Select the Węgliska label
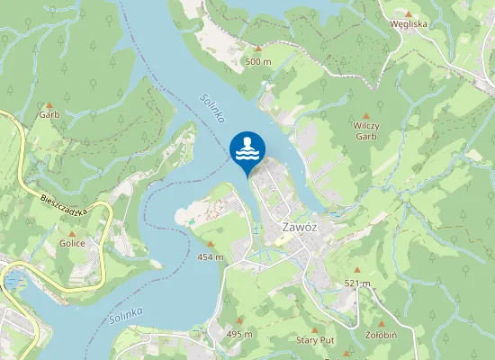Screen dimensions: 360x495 tap(409, 25)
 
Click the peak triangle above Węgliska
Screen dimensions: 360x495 tap(408, 14)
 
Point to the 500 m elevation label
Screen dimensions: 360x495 tap(257, 61)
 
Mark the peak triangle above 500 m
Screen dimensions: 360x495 tap(257, 49)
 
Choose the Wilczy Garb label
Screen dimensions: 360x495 tap(364, 130)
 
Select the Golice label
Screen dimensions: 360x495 tap(72, 243)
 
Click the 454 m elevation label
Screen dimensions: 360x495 tap(211, 256)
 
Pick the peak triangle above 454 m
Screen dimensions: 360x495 tap(211, 244)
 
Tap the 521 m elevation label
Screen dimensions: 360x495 tap(357, 283)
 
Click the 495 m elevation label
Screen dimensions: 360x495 tap(239, 334)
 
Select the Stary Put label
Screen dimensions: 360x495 tap(315, 341)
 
